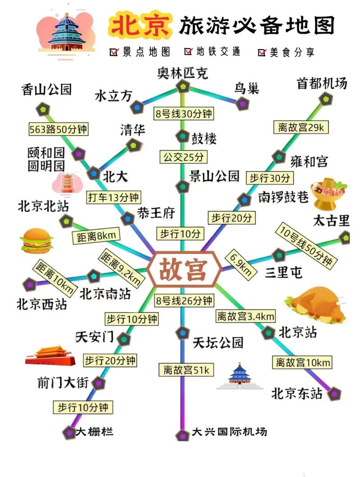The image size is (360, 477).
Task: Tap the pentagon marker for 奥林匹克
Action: coord(182,86)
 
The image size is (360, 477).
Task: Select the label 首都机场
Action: coord(322,83)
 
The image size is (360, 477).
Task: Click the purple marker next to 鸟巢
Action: coord(242,104)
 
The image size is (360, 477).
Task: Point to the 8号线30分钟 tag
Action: coord(183,114)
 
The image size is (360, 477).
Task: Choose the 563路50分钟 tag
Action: coord(58,129)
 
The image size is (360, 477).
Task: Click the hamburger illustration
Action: coord(36,241)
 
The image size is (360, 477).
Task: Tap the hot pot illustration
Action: coord(328,193)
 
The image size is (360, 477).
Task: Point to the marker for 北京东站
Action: coord(334,394)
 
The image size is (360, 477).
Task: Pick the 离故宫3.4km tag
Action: coord(245,316)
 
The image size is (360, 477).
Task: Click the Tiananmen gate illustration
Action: coord(50,355)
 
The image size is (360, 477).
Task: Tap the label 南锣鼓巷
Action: coord(283,197)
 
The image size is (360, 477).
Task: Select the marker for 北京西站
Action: coord(29,284)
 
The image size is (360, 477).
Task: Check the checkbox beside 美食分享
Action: coord(262,52)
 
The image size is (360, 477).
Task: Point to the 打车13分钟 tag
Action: coord(113,197)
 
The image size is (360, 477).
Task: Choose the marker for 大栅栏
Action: coord(69,432)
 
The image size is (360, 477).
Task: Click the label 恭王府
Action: coord(156,213)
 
